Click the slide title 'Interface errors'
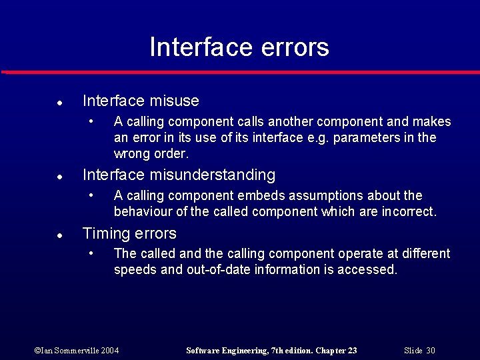pyautogui.click(x=239, y=47)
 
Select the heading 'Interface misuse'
pyautogui.click(x=141, y=101)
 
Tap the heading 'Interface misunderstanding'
pyautogui.click(x=179, y=175)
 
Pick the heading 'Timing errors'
pyautogui.click(x=129, y=233)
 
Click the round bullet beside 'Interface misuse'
pyautogui.click(x=59, y=103)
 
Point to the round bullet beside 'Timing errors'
pyautogui.click(x=59, y=236)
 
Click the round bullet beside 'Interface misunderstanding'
pyautogui.click(x=59, y=177)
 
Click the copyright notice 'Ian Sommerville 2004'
pyautogui.click(x=77, y=350)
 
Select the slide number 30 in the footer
pyautogui.click(x=430, y=350)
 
